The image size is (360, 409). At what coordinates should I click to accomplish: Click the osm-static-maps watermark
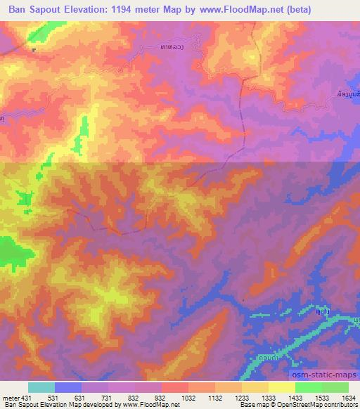(x=324, y=376)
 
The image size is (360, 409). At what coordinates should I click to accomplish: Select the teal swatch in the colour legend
(x=41, y=387)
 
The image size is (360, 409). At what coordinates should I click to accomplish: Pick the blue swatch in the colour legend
(x=68, y=387)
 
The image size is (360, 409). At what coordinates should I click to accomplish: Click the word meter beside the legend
(x=10, y=397)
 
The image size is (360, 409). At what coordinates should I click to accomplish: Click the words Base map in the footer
(x=252, y=405)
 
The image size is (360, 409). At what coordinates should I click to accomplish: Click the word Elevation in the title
(x=89, y=10)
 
